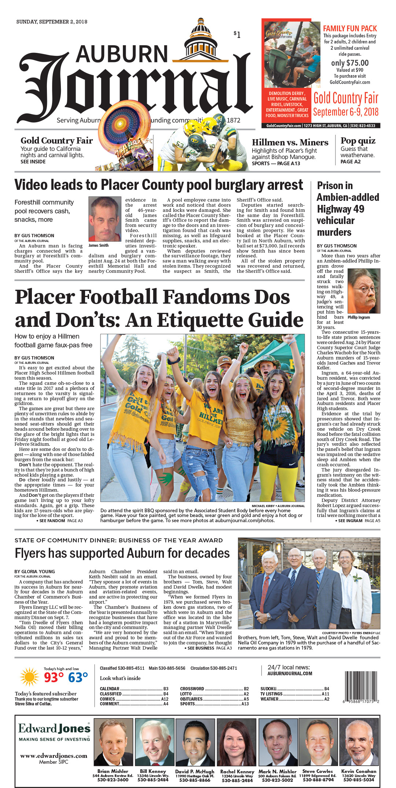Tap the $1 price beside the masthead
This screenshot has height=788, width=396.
point(237,35)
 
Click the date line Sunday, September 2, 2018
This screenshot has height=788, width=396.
point(52,22)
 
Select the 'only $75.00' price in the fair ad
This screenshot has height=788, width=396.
point(350,63)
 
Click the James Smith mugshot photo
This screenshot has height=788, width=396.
point(104,219)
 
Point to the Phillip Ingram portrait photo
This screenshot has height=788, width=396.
point(364,291)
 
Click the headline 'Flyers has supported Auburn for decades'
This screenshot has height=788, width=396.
point(122,553)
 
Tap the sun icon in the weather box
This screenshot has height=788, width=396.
point(29,677)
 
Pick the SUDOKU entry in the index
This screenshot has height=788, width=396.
point(269,689)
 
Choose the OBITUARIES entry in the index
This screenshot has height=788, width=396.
point(191,699)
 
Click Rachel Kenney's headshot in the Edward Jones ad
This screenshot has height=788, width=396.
point(236,742)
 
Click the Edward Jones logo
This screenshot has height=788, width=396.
point(54,729)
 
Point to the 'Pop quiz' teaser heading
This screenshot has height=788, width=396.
point(358,141)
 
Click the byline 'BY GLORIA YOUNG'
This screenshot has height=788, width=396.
point(34,572)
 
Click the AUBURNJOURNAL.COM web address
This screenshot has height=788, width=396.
point(290,674)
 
